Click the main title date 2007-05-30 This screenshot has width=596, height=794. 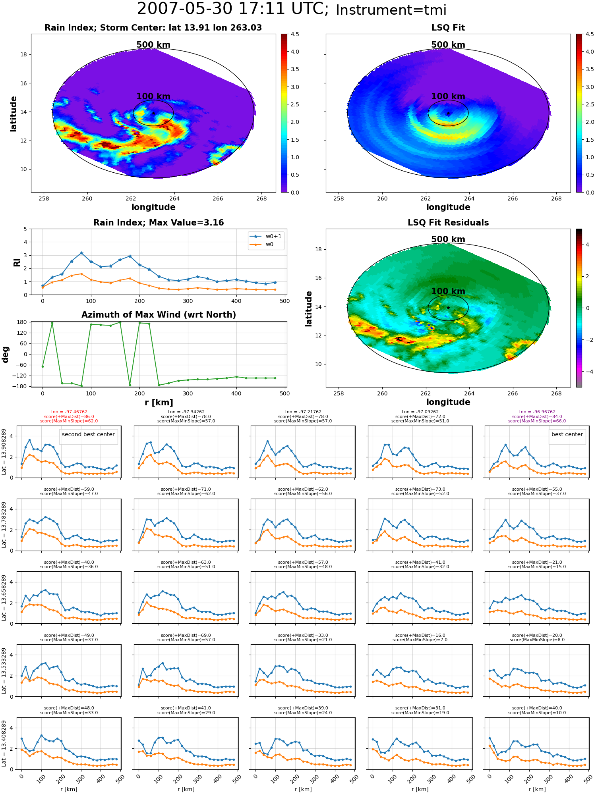click(x=187, y=9)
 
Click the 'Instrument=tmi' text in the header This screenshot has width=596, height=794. click(x=391, y=10)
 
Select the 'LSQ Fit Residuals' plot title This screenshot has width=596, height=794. click(x=448, y=223)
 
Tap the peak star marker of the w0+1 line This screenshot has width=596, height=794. click(x=81, y=253)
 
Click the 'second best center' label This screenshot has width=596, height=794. click(x=88, y=434)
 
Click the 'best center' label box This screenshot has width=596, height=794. click(x=567, y=434)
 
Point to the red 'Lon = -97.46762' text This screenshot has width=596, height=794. click(x=69, y=412)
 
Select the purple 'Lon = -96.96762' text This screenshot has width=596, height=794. click(x=537, y=412)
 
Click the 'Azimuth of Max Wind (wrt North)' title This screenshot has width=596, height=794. click(x=159, y=315)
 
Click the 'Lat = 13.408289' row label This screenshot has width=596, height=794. click(x=4, y=744)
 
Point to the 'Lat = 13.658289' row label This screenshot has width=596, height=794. click(x=4, y=597)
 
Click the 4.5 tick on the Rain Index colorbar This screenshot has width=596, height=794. click(x=295, y=35)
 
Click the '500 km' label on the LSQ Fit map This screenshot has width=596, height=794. click(x=448, y=45)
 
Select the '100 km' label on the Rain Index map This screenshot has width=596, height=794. click(x=153, y=96)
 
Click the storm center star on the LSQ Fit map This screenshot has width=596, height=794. click(x=448, y=114)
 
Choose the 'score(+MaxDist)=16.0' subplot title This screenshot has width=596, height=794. click(x=420, y=635)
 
